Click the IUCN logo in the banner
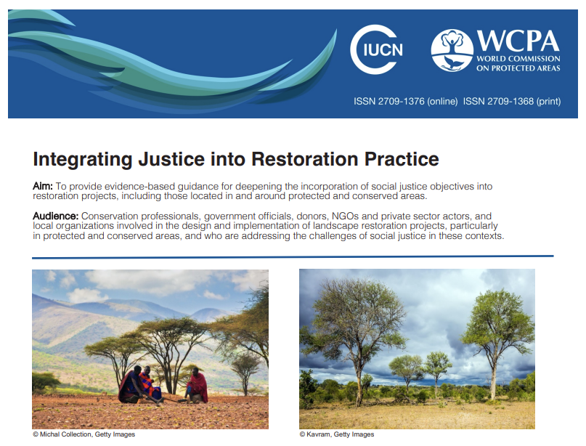click(x=377, y=50)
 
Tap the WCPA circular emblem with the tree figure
click(x=452, y=50)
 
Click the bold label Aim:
click(x=43, y=187)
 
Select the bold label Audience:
click(x=57, y=216)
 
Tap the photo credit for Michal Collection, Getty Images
click(x=84, y=434)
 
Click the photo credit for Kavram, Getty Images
click(x=337, y=434)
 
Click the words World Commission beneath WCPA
click(x=518, y=59)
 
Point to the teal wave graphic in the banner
click(x=182, y=62)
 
